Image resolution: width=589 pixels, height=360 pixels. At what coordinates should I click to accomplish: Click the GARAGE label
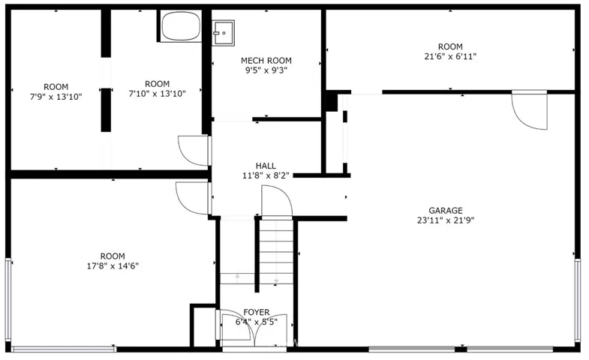[446, 211]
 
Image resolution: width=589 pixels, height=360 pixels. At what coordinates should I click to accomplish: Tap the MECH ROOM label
[266, 61]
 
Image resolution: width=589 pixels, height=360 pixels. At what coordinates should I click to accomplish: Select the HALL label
[266, 166]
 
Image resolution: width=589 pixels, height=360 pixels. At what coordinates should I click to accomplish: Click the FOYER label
[256, 312]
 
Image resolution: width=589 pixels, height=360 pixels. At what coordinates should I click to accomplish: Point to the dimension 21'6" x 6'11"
[450, 57]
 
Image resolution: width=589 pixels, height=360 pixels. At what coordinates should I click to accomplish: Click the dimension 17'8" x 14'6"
[113, 266]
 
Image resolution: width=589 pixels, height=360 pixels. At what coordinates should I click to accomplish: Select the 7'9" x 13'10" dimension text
[56, 97]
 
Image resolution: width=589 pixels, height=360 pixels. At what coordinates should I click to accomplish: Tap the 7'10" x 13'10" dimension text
[157, 94]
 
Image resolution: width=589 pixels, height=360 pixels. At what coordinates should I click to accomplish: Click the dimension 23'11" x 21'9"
[446, 220]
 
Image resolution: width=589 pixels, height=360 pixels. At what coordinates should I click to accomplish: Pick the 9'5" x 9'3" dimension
[266, 70]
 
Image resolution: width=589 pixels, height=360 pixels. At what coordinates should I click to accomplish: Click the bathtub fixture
[181, 26]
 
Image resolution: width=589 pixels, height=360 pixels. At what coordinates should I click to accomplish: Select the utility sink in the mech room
[223, 33]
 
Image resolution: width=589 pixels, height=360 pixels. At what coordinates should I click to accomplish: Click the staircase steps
[276, 251]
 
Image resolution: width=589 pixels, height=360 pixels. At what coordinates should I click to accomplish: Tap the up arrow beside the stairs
[237, 278]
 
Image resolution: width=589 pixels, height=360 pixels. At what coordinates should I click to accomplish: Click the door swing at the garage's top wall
[530, 110]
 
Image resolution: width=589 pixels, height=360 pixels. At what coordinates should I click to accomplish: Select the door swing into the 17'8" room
[192, 198]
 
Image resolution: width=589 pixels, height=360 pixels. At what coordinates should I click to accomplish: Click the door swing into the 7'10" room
[194, 151]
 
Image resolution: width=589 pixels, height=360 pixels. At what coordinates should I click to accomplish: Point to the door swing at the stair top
[277, 202]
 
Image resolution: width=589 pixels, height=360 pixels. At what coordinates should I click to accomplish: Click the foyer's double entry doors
[254, 327]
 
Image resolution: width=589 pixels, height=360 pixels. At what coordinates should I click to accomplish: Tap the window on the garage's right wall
[578, 301]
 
